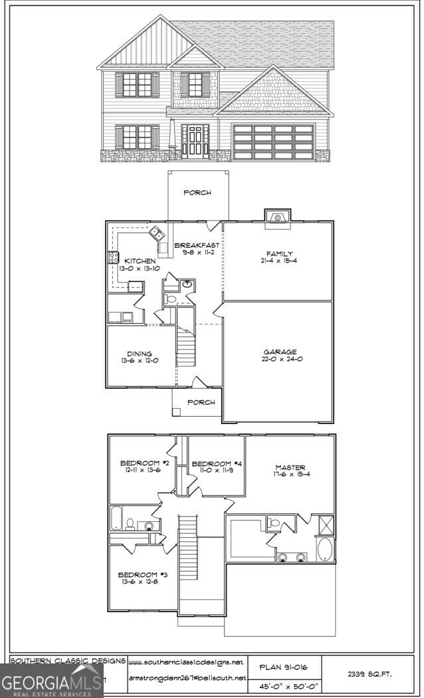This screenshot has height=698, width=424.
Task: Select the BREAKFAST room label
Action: click(x=197, y=245)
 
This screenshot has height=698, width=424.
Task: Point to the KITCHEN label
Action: click(x=140, y=261)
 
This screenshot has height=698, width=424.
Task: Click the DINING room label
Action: click(x=140, y=354)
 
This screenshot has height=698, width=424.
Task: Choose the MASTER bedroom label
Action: click(x=290, y=467)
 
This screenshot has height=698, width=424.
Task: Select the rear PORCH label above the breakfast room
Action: click(x=197, y=193)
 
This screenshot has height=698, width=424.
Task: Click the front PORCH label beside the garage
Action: click(x=201, y=402)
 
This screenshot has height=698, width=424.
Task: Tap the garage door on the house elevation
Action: click(x=273, y=141)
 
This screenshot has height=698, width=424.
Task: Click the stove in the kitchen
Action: click(x=114, y=259)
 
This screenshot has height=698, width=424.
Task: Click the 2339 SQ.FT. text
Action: click(x=370, y=674)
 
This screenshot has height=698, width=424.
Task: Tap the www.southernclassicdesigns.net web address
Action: click(x=186, y=663)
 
